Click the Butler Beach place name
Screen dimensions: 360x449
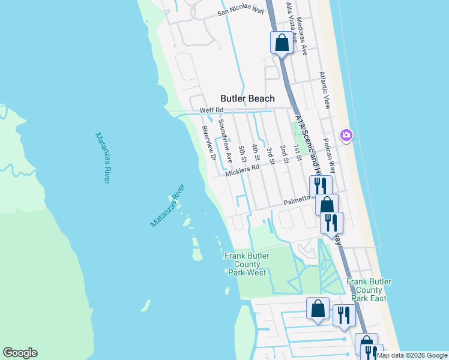[x=247, y=98]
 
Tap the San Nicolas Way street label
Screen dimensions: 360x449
[x=240, y=11]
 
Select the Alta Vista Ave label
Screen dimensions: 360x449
[x=291, y=19]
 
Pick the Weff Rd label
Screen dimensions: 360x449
[x=211, y=110]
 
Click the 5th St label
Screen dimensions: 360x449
[x=243, y=154]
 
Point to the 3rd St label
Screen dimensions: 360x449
[x=270, y=155]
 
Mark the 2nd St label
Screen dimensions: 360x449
[x=285, y=154]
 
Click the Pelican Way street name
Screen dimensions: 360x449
[x=331, y=158]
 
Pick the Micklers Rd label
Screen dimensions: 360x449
[x=242, y=170]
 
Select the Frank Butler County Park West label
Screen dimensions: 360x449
[x=247, y=264]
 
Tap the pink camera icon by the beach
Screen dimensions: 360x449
[x=346, y=135]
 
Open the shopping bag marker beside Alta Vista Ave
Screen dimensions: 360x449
[x=282, y=43]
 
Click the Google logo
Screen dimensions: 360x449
[x=20, y=353]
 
